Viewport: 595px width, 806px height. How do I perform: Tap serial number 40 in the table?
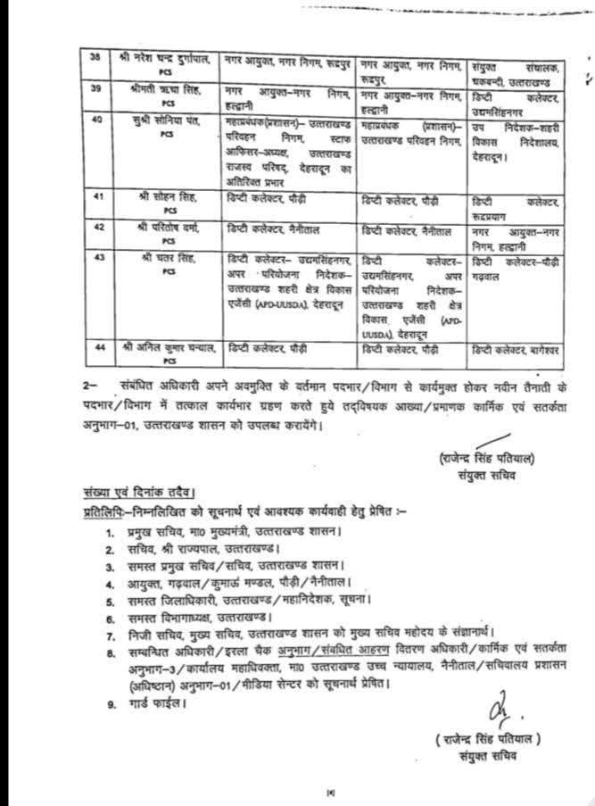96,118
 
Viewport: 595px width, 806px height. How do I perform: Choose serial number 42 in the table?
97,227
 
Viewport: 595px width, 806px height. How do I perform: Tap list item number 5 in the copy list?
110,598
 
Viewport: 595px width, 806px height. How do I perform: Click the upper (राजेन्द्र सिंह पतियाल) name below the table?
487,459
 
